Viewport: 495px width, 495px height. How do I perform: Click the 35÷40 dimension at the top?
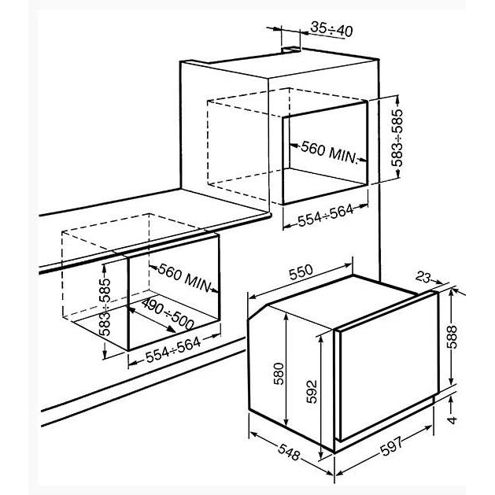coord(331,29)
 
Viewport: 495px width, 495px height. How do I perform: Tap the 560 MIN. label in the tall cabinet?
coord(329,152)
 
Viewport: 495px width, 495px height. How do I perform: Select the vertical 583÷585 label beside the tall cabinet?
coord(397,138)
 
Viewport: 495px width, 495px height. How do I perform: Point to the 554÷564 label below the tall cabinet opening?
coord(326,216)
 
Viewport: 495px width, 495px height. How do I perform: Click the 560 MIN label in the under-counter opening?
coord(184,278)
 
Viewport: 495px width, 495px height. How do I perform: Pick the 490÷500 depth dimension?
coord(168,314)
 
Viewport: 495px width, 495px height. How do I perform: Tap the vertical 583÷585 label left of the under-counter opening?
coord(105,307)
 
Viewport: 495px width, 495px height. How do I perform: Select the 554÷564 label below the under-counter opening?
coord(173,349)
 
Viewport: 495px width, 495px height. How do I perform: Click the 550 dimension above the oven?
coord(301,272)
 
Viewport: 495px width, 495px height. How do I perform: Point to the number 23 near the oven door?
coord(423,278)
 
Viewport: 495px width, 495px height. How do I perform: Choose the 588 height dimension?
coord(452,337)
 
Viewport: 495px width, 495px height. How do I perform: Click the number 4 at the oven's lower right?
coord(453,420)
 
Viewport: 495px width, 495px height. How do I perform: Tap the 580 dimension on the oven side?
coord(279,374)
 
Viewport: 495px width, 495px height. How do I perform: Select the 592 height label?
coord(312,391)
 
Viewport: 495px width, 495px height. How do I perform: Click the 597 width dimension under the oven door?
coord(391,445)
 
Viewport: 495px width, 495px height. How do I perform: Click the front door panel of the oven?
coord(389,366)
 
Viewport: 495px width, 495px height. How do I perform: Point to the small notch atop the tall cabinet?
coord(291,50)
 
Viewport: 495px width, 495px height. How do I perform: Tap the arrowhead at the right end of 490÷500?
coord(172,329)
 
